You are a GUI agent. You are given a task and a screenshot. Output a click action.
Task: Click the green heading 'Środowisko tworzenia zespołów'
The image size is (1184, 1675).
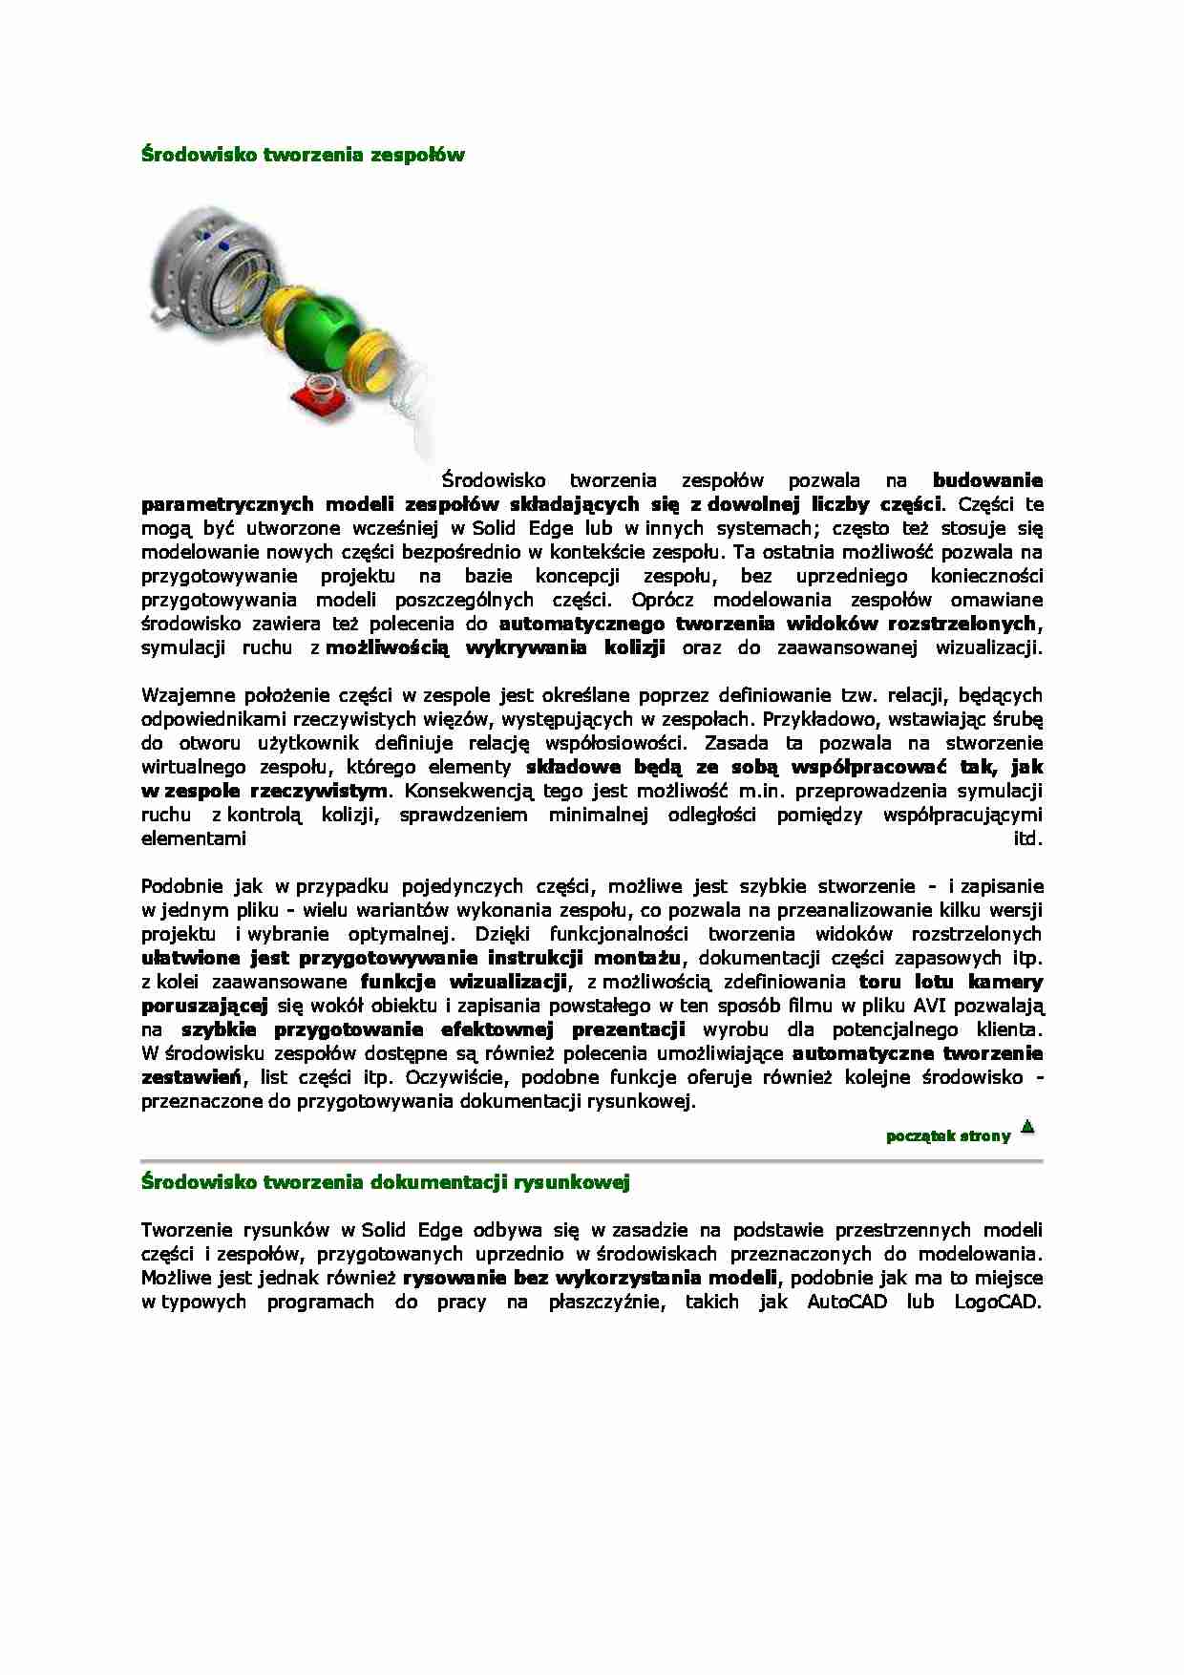pyautogui.click(x=303, y=154)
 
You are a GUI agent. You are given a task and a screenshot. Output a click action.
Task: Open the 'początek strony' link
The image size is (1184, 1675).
pyautogui.click(x=947, y=1135)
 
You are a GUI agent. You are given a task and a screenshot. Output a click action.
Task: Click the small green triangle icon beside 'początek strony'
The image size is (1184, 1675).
pyautogui.click(x=1027, y=1127)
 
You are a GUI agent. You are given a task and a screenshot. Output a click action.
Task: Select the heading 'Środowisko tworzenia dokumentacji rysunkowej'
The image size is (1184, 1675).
pyautogui.click(x=385, y=1182)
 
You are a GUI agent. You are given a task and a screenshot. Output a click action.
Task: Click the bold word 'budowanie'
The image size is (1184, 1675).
pyautogui.click(x=987, y=480)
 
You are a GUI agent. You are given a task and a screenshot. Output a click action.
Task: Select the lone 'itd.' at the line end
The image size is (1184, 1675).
pyautogui.click(x=1028, y=838)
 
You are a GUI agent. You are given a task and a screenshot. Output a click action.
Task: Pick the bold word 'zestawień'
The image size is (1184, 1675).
pyautogui.click(x=189, y=1077)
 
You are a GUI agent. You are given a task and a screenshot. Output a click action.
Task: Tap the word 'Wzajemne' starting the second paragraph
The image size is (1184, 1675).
pyautogui.click(x=181, y=695)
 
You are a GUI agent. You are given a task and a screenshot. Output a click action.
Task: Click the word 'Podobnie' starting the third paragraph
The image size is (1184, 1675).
pyautogui.click(x=179, y=886)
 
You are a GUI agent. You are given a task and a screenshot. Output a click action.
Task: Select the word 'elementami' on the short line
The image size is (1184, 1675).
pyautogui.click(x=193, y=838)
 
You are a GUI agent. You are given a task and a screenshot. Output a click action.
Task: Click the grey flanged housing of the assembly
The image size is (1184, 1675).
pyautogui.click(x=196, y=263)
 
